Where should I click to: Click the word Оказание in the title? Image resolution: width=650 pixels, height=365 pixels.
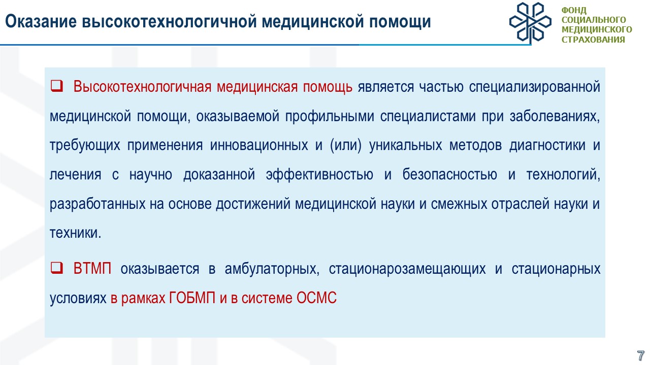tap(41, 22)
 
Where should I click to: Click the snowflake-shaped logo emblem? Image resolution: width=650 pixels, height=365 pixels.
tap(530, 23)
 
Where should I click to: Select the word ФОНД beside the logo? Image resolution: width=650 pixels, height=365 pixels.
tap(574, 11)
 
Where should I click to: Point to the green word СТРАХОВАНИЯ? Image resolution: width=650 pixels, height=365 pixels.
tap(593, 40)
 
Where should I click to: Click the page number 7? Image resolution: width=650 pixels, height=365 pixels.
tap(640, 355)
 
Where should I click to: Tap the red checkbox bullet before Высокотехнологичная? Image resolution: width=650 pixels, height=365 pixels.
tap(56, 86)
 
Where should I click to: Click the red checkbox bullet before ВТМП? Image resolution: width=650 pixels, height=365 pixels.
tap(56, 268)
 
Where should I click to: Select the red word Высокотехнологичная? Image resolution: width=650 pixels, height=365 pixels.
tap(142, 87)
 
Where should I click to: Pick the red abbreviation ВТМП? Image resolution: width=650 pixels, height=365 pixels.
tap(92, 269)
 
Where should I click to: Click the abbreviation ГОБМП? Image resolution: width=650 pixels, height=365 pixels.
tap(192, 298)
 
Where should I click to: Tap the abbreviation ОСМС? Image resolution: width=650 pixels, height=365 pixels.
tap(316, 298)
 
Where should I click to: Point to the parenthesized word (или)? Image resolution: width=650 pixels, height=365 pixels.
tap(346, 145)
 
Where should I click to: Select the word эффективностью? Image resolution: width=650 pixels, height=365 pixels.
tap(319, 174)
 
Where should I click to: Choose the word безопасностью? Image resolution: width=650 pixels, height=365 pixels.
tap(449, 174)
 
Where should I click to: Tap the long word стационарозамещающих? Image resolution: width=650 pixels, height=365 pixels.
tap(407, 269)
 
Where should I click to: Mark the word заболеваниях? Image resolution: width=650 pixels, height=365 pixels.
tap(555, 116)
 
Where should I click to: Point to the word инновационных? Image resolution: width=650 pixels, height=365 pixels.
tap(259, 145)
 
